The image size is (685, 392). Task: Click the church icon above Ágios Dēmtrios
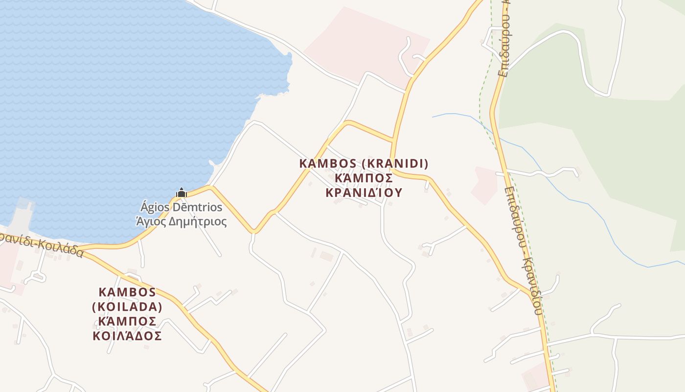pyautogui.click(x=182, y=193)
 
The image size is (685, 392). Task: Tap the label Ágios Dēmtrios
pyautogui.click(x=182, y=207)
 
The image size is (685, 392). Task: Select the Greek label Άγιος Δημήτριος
pyautogui.click(x=182, y=221)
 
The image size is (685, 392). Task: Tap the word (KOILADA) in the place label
pyautogui.click(x=127, y=307)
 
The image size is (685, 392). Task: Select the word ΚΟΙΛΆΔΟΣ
pyautogui.click(x=127, y=336)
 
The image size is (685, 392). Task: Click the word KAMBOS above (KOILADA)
pyautogui.click(x=127, y=292)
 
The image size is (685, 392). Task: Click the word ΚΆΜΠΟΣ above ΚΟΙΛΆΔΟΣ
pyautogui.click(x=127, y=321)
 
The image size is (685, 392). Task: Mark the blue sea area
pyautogui.click(x=122, y=98)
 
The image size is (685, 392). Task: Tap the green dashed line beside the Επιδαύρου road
pyautogui.click(x=482, y=98)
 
